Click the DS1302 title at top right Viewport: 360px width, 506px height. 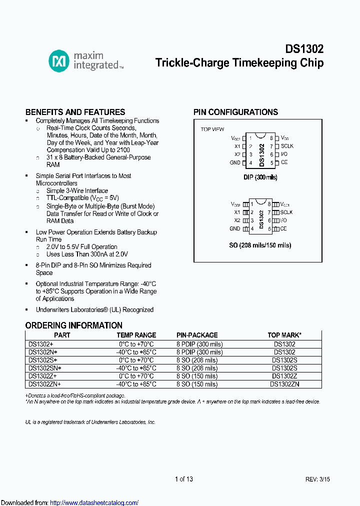pyautogui.click(x=304, y=49)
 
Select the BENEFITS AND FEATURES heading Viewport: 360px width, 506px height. pyautogui.click(x=75, y=112)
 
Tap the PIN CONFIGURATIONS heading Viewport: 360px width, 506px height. pyautogui.click(x=235, y=112)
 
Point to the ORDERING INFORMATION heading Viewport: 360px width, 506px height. pyautogui.click(x=73, y=325)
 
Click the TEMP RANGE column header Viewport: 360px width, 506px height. pyautogui.click(x=136, y=335)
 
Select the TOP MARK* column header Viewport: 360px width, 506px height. pyautogui.click(x=284, y=335)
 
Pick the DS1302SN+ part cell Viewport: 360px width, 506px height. pyautogui.click(x=44, y=367)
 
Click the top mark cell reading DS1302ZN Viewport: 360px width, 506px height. pyautogui.click(x=284, y=384)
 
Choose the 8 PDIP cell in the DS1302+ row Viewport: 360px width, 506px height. pyautogui.click(x=199, y=344)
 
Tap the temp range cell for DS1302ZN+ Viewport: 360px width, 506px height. pyautogui.click(x=136, y=384)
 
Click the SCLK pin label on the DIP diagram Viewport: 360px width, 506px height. pyautogui.click(x=287, y=146)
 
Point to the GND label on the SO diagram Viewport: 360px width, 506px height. pyautogui.click(x=235, y=228)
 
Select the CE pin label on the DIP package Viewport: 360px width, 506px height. pyautogui.click(x=284, y=162)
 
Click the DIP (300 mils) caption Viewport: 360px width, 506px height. pyautogui.click(x=260, y=177)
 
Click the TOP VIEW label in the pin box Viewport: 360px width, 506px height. pyautogui.click(x=212, y=129)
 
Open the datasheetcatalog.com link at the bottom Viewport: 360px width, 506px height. pyautogui.click(x=94, y=502)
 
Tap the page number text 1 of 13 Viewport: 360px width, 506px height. pyautogui.click(x=184, y=479)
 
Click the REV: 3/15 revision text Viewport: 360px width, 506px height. pyautogui.click(x=317, y=479)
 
